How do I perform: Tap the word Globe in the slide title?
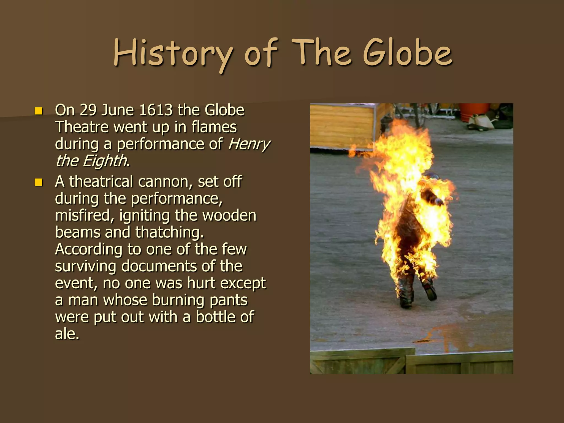click(x=408, y=53)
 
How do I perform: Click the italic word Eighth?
click(x=105, y=161)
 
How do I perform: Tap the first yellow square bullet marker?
click(x=39, y=111)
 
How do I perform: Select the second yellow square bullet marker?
click(x=39, y=182)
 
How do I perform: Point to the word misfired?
click(x=84, y=216)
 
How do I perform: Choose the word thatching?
click(x=169, y=232)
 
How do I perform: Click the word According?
click(x=89, y=250)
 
